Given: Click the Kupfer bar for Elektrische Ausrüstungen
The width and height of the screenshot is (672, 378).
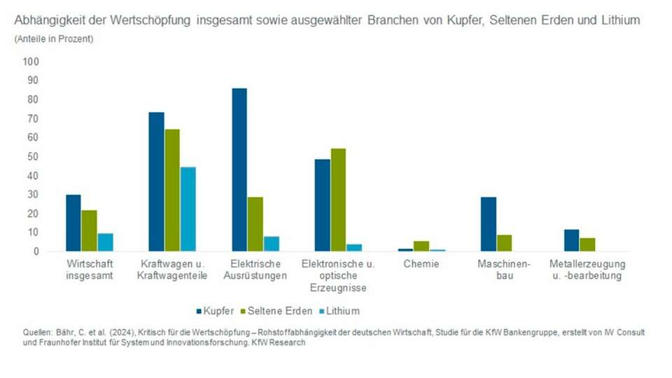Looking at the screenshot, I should tap(239, 169).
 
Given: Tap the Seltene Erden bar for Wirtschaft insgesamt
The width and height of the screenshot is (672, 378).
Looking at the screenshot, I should tap(89, 230).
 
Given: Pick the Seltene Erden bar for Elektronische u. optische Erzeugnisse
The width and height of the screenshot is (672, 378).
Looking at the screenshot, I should tap(338, 199).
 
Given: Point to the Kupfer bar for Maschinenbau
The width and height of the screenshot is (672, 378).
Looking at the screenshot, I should tap(489, 224).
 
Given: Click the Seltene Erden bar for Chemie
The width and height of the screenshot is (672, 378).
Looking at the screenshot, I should tap(421, 246).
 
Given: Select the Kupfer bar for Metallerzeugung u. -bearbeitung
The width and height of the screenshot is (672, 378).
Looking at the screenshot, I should tap(572, 240).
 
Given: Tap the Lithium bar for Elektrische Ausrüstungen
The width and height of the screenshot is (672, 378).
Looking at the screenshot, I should tap(271, 244).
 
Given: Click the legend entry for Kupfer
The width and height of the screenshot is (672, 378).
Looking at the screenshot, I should tap(215, 310).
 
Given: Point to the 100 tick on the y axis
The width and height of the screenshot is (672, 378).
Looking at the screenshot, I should tap(31, 62).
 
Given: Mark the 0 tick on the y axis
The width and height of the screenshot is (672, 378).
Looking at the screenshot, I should tap(36, 251).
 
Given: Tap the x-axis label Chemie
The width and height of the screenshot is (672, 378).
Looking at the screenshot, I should tap(421, 265).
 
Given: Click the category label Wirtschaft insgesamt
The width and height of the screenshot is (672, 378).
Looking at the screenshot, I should tap(89, 270).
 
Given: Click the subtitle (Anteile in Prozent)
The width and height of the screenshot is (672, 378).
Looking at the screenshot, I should tap(54, 39).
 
